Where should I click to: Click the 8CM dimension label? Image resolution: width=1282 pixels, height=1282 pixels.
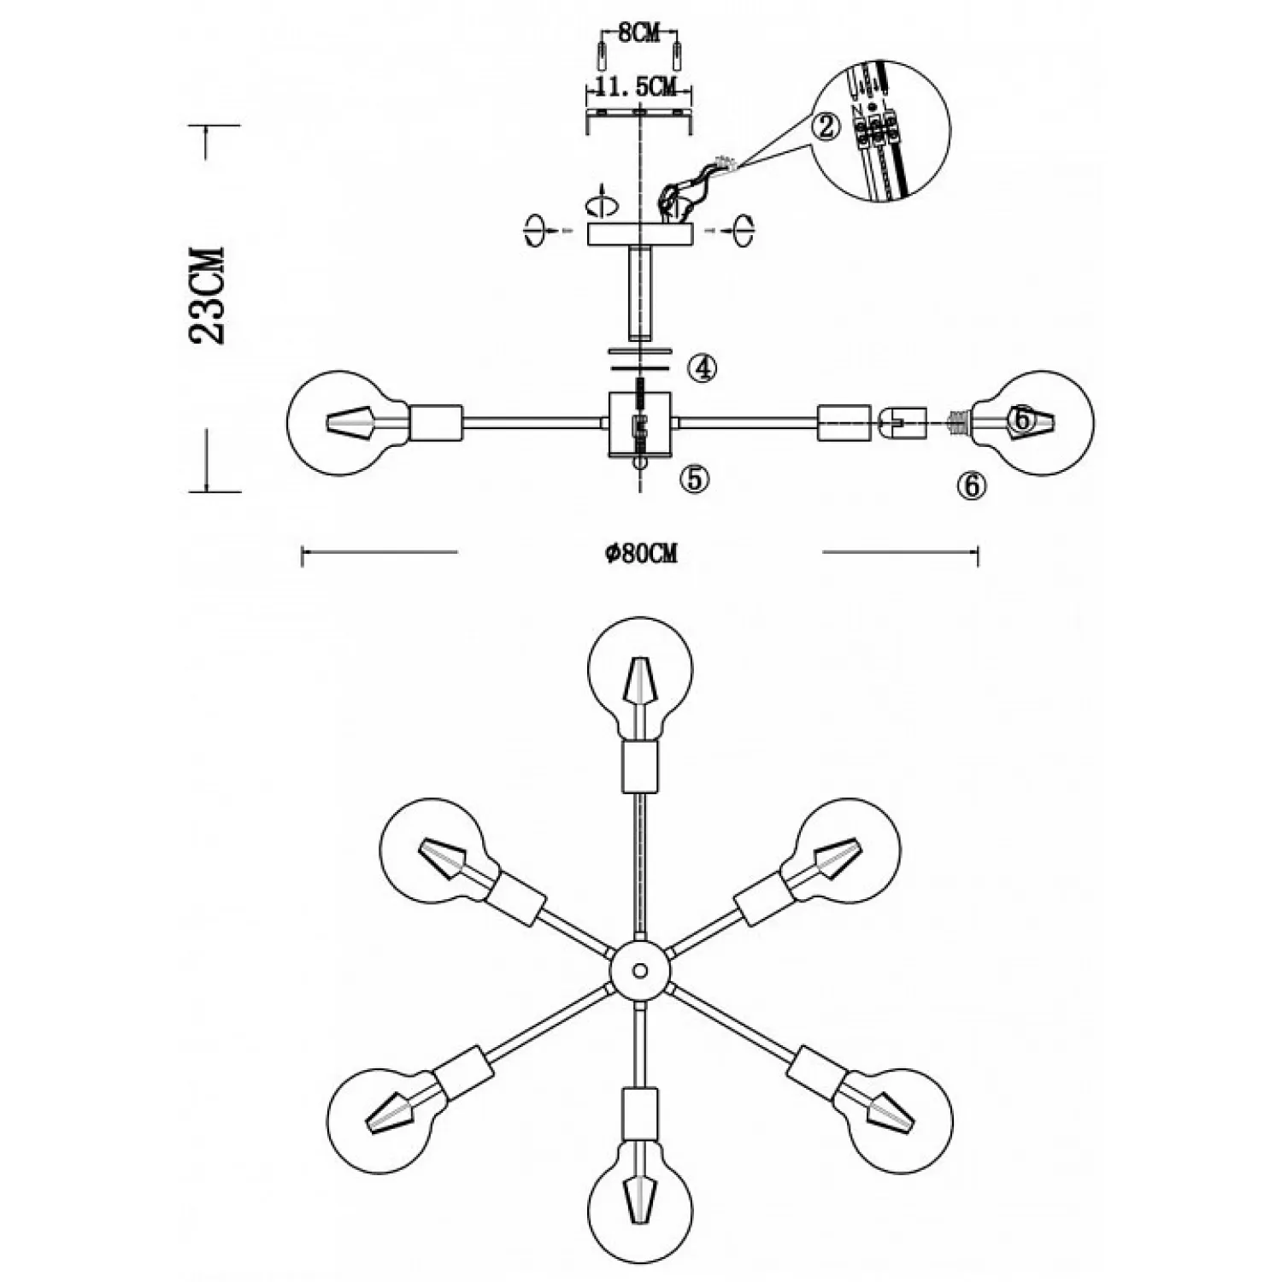(x=638, y=34)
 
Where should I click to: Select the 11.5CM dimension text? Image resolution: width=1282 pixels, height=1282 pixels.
(x=638, y=86)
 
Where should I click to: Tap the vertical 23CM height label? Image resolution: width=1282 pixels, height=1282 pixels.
(x=208, y=295)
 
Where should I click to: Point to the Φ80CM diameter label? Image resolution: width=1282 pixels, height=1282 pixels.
(x=641, y=554)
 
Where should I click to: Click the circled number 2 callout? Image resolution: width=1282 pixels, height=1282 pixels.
(x=826, y=127)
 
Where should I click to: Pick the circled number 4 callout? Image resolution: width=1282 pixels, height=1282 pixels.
(x=702, y=368)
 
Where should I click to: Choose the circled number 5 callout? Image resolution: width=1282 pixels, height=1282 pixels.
(x=694, y=479)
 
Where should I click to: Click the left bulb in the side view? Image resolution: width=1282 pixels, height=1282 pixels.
(x=340, y=422)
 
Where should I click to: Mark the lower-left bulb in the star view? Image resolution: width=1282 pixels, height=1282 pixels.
(x=379, y=1120)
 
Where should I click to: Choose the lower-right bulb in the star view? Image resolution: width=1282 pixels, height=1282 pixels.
(x=901, y=1120)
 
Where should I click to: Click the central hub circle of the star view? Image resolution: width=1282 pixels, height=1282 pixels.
(x=640, y=971)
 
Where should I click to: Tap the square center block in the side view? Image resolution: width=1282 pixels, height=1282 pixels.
(x=640, y=425)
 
